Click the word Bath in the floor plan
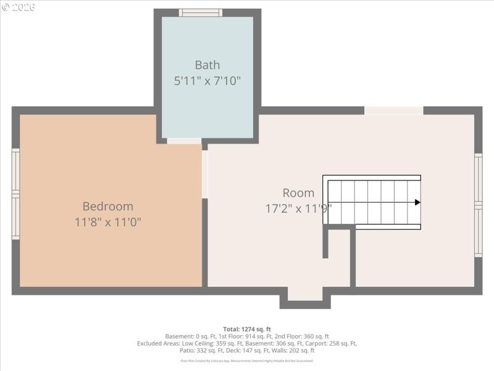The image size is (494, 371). click(x=207, y=65)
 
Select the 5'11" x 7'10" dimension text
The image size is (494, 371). click(x=207, y=80)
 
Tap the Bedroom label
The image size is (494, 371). click(x=108, y=207)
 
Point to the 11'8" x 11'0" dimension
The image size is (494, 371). click(x=108, y=221)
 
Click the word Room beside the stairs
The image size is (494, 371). click(x=298, y=193)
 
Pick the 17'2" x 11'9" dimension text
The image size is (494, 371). click(x=298, y=208)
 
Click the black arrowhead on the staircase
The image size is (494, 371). click(x=417, y=202)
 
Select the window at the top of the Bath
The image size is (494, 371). click(x=200, y=12)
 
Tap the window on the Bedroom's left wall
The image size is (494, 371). click(x=16, y=194)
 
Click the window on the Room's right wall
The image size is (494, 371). click(x=478, y=205)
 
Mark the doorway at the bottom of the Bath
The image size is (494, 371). click(x=184, y=141)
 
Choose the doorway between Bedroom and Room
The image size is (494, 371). click(x=204, y=174)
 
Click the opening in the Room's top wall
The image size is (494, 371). click(x=393, y=111)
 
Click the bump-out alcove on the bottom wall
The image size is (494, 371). click(x=304, y=295)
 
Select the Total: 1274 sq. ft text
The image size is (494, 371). click(x=247, y=329)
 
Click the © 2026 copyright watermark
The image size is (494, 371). click(x=19, y=7)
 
